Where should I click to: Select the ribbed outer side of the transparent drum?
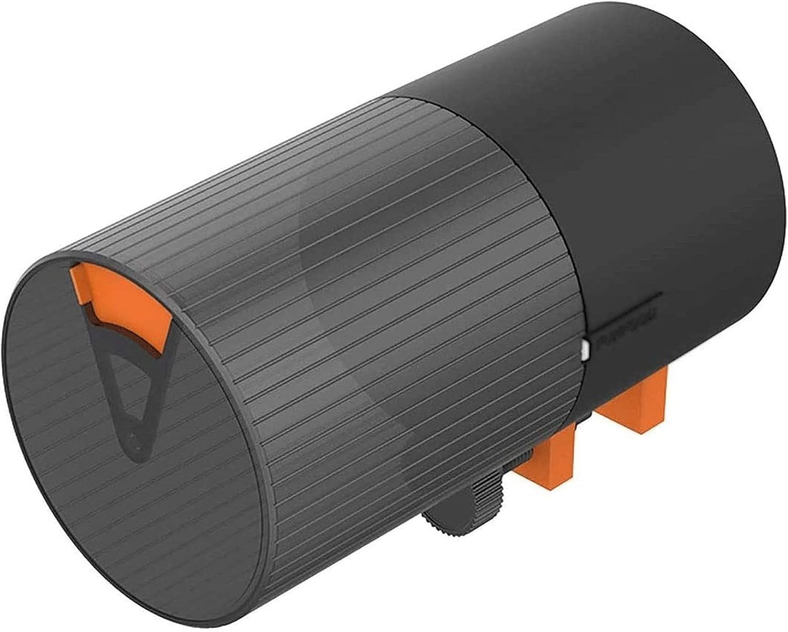(368, 289)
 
